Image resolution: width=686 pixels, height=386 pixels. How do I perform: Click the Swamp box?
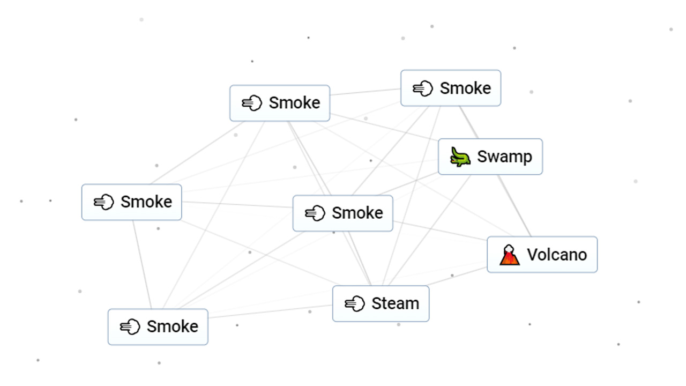pyautogui.click(x=490, y=157)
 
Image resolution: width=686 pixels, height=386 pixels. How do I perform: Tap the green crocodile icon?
pyautogui.click(x=460, y=157)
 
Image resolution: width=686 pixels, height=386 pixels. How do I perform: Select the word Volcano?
pyautogui.click(x=557, y=255)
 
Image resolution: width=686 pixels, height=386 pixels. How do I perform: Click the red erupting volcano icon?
pyautogui.click(x=509, y=255)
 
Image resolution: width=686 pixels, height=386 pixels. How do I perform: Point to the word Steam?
pyautogui.click(x=395, y=303)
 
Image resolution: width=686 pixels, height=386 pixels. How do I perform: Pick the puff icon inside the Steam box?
pyautogui.click(x=355, y=304)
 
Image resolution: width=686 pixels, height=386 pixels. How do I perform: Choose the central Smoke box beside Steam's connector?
pyautogui.click(x=342, y=213)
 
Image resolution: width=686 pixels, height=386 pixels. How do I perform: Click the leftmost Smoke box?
pyautogui.click(x=131, y=202)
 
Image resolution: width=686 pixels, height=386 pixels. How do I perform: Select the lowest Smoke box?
pyautogui.click(x=158, y=326)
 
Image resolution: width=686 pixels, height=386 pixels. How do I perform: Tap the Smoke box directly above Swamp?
pyautogui.click(x=450, y=88)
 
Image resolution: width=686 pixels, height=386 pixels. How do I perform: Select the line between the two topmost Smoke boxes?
pyautogui.click(x=365, y=92)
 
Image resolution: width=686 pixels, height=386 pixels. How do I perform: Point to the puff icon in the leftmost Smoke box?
pyautogui.click(x=103, y=202)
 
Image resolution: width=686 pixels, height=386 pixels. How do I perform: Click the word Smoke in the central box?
pyautogui.click(x=357, y=213)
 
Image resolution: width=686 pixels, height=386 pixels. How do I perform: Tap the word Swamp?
pyautogui.click(x=504, y=157)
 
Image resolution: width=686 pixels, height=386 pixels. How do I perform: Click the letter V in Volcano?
pyautogui.click(x=532, y=255)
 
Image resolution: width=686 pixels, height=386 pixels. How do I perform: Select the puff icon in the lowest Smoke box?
pyautogui.click(x=130, y=326)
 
